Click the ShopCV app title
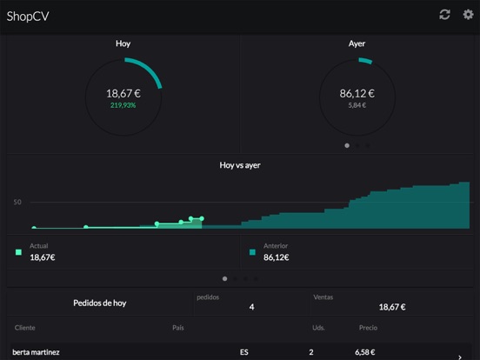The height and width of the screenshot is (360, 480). click(x=28, y=16)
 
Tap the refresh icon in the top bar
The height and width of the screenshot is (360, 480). click(x=444, y=15)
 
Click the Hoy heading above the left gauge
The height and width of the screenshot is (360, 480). click(x=123, y=43)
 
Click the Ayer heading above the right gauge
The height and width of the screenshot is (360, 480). click(x=357, y=43)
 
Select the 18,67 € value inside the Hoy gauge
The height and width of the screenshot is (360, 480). click(x=123, y=93)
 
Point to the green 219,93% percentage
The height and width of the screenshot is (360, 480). click(x=123, y=105)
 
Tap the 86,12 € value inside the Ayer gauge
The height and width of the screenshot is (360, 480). click(x=357, y=93)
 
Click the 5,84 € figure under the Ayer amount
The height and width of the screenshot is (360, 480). click(x=357, y=105)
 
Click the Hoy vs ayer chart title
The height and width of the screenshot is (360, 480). click(x=240, y=164)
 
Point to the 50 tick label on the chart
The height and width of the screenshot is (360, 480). click(x=17, y=202)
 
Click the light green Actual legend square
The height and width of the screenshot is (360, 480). click(x=18, y=252)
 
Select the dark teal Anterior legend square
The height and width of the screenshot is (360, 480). click(x=252, y=252)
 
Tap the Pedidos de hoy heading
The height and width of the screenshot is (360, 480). click(x=99, y=303)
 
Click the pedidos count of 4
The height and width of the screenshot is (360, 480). click(x=251, y=307)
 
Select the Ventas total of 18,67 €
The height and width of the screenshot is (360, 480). click(x=391, y=307)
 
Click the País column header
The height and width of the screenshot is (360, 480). click(x=178, y=328)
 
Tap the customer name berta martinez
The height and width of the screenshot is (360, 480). click(x=37, y=352)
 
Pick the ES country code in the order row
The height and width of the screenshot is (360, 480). click(x=244, y=352)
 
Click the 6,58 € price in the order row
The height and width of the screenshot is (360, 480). click(x=367, y=352)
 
